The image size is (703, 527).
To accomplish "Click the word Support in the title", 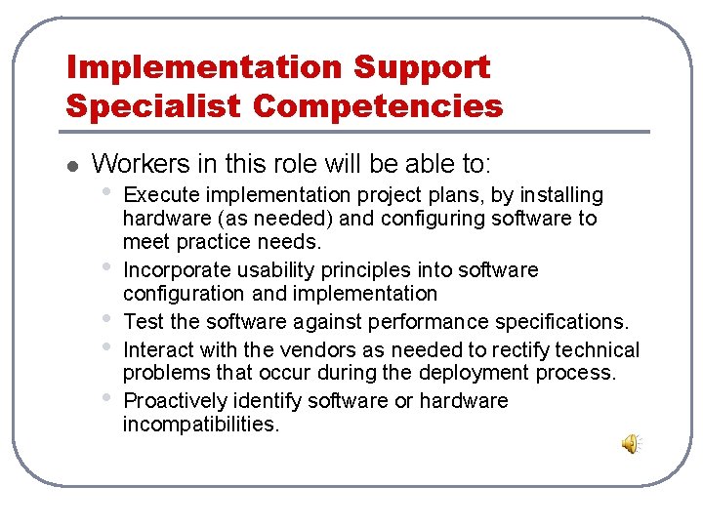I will coord(422,67).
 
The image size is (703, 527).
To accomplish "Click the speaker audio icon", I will coord(632,444).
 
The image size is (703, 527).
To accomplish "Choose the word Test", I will coord(143,322).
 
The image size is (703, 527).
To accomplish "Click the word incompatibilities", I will coord(200,425).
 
